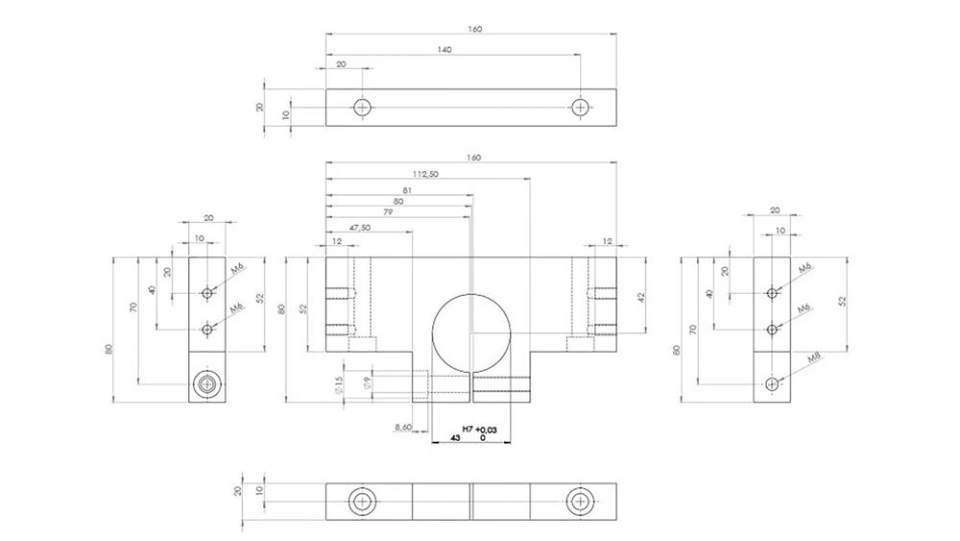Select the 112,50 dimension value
point(425,175)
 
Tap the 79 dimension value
point(387,212)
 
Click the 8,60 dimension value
point(404,426)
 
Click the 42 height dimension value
point(640,297)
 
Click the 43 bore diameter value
point(455,437)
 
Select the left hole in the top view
point(362,107)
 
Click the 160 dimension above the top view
point(473,29)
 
